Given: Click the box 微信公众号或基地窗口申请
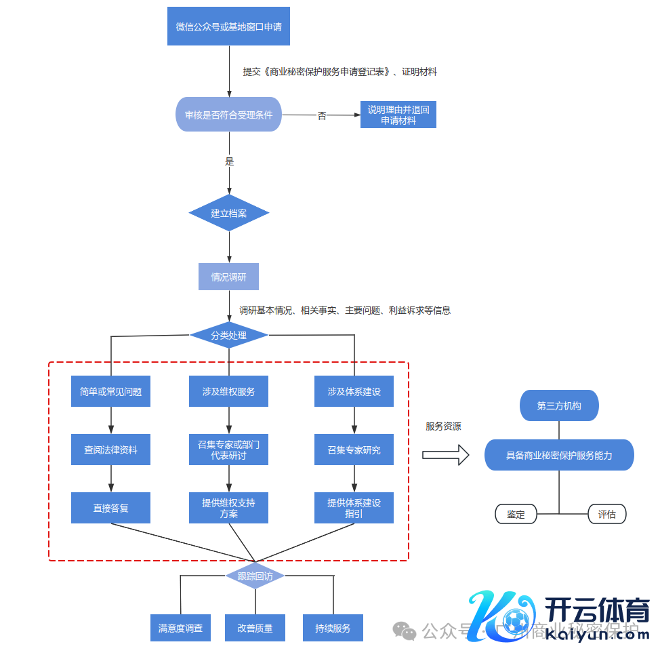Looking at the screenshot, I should point(228,26).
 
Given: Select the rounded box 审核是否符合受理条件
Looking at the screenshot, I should point(228,115).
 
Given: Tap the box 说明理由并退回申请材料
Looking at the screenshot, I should point(398,115).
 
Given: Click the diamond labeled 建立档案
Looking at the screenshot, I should point(228,213).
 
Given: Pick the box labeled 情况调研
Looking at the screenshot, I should point(228,277).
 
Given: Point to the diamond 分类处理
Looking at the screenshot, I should point(228,335).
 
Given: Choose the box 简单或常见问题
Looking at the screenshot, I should point(110,391).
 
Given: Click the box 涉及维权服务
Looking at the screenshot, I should point(228,391).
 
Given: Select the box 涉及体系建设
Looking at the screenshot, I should point(354,391).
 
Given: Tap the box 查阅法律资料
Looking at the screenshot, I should point(110,450).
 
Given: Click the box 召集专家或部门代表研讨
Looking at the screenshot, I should point(228,450).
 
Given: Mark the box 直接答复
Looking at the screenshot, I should point(110,508).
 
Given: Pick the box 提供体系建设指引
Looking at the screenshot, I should point(354,508).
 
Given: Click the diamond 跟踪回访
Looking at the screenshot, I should point(255,576).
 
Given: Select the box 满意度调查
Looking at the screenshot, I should point(180,628).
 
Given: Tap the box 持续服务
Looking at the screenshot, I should point(333,628).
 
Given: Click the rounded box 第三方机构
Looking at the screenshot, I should point(559,405).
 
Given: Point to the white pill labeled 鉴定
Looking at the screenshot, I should point(516,514).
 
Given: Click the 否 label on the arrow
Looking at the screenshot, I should point(322,116).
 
